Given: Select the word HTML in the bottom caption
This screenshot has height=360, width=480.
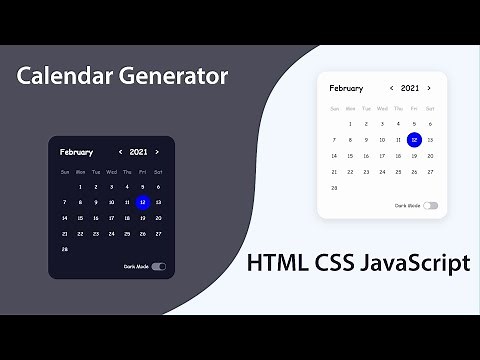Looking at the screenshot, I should (276, 264).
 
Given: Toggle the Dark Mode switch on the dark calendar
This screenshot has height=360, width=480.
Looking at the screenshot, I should (158, 267).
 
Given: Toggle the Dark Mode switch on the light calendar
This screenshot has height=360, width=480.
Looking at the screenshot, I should (430, 205).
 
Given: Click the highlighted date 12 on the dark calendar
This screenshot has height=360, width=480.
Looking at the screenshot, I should (142, 202).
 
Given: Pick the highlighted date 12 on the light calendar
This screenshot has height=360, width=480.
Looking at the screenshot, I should (414, 139).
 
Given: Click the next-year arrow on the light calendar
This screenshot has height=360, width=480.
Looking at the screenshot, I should (429, 88).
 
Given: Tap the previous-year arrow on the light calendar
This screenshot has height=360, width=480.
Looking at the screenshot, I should (392, 88).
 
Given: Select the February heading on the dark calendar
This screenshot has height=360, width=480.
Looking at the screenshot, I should (76, 152).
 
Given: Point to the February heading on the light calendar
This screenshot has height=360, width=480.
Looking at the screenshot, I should (346, 88).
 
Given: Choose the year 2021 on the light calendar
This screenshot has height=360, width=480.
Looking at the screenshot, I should (410, 88).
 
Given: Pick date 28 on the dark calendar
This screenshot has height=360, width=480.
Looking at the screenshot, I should (65, 249).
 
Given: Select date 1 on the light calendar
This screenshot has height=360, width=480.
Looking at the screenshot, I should (350, 123).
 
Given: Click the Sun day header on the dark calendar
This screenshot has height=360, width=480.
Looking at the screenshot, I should (65, 171).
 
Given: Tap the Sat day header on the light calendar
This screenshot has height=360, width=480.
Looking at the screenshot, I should (429, 107).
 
